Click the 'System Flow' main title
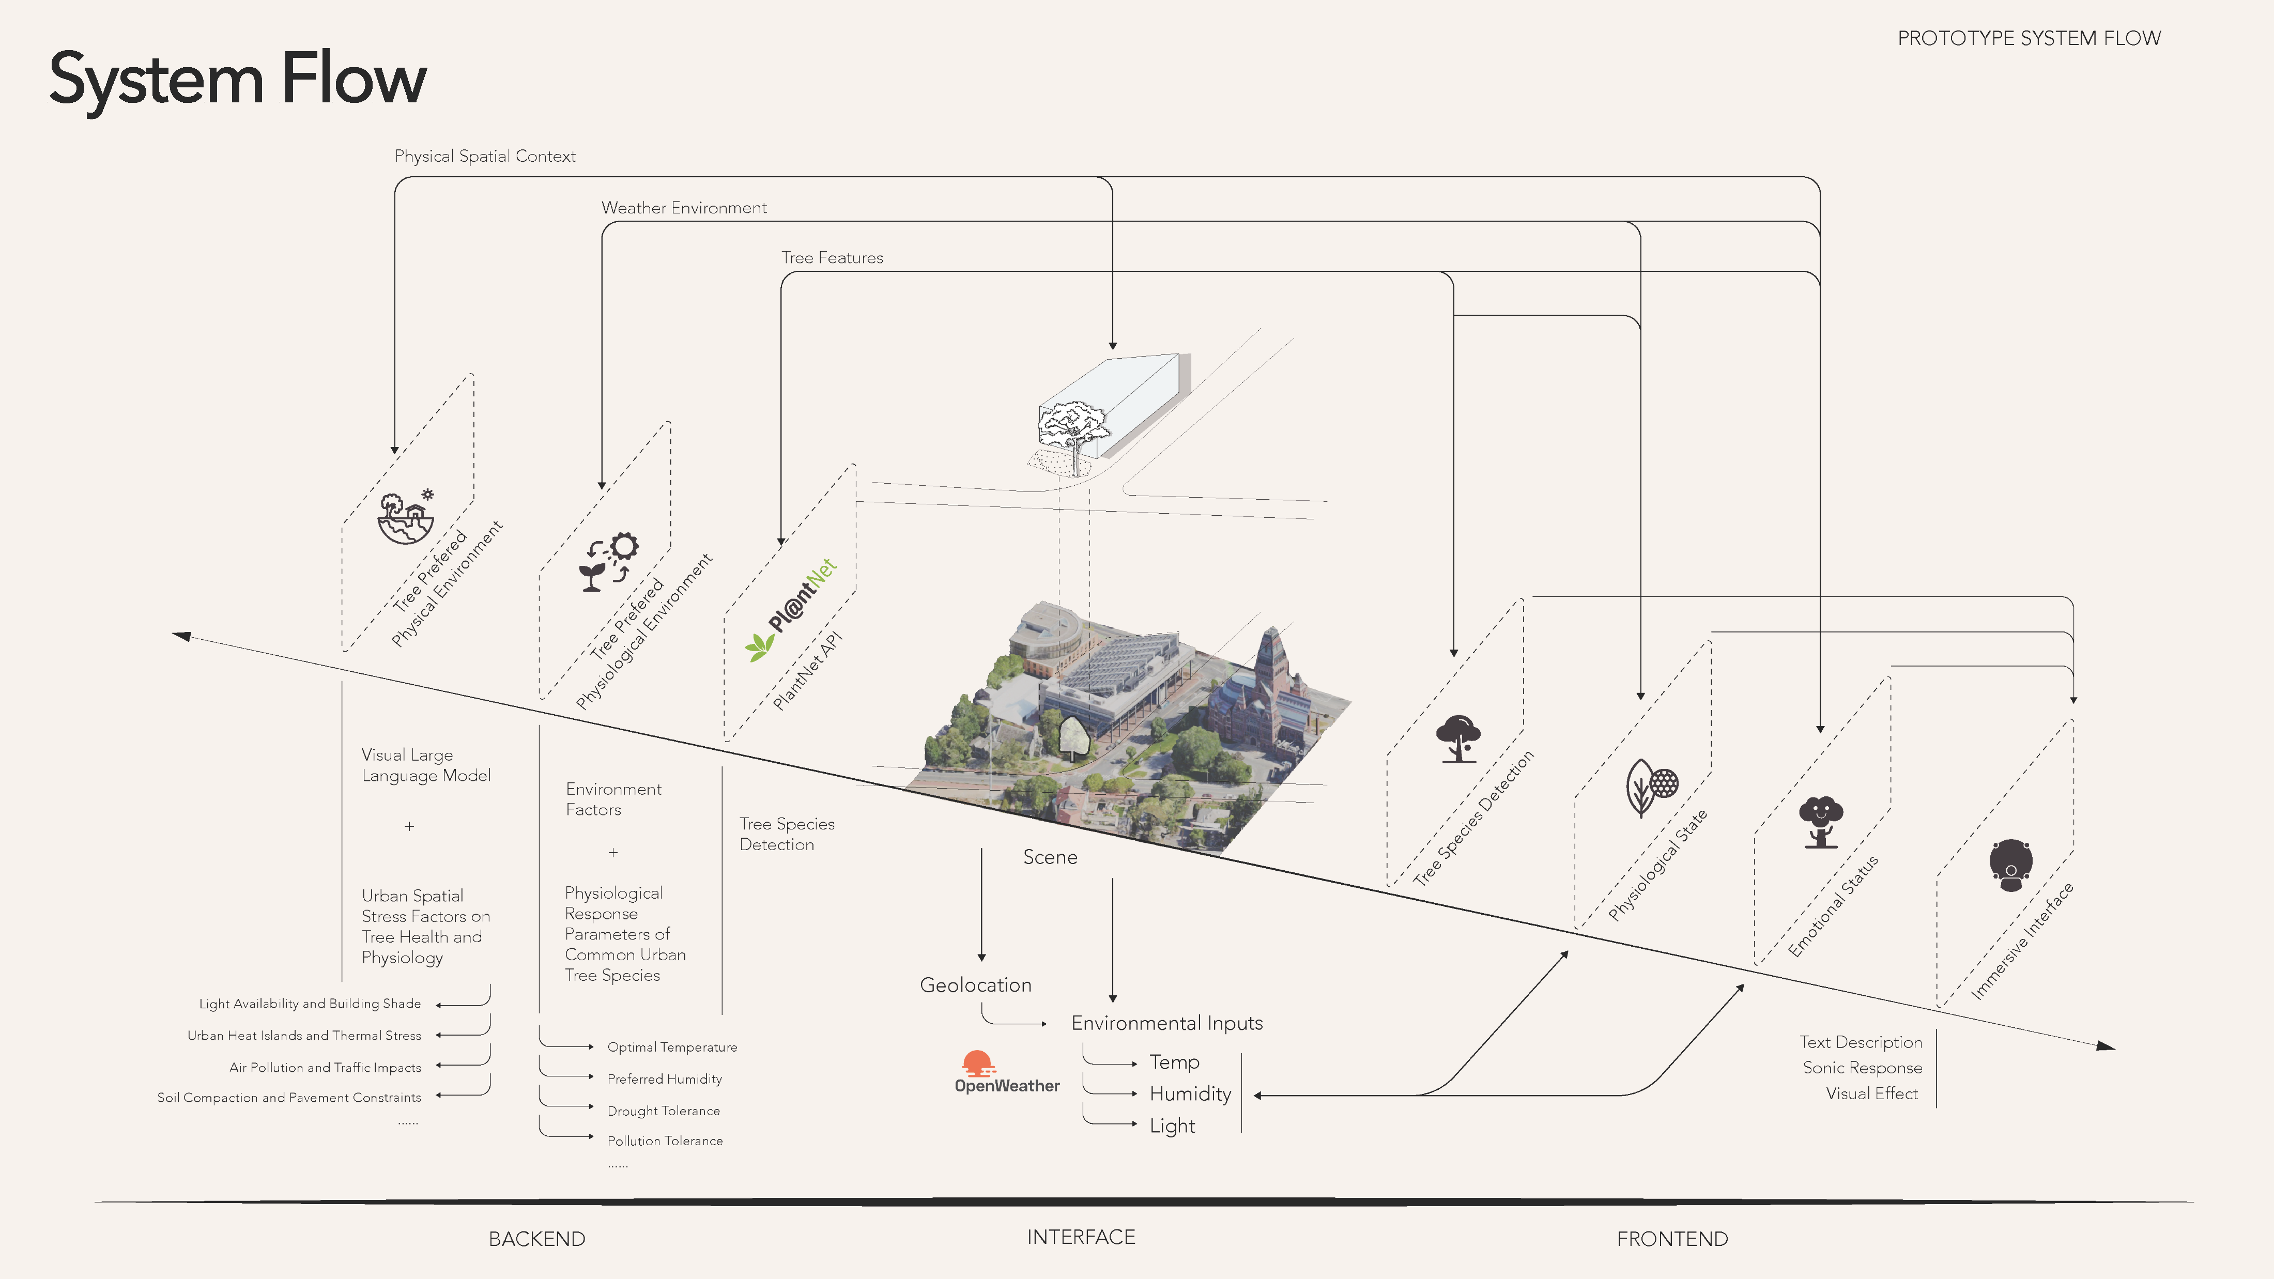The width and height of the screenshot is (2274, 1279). tap(237, 80)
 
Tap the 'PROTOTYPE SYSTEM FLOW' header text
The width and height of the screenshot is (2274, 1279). tap(2029, 38)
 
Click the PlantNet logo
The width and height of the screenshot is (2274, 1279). tap(791, 609)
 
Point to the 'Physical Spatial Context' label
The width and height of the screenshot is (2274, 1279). tap(485, 156)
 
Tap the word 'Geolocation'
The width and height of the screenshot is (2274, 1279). tap(975, 985)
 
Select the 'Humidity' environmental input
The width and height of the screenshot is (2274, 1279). tap(1190, 1095)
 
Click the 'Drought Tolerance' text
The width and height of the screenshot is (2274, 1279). tap(663, 1111)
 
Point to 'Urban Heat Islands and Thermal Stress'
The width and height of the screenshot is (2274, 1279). tap(304, 1036)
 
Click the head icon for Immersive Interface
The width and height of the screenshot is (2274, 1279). tap(2011, 865)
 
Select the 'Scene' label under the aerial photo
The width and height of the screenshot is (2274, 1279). tap(1050, 857)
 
